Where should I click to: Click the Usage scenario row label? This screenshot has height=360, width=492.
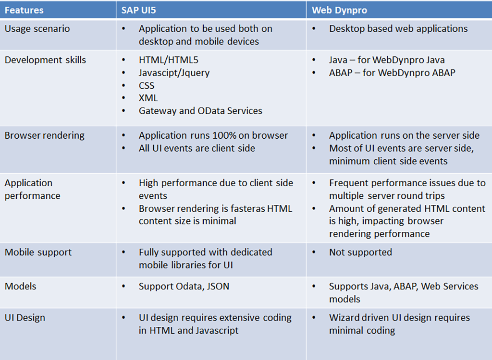click(37, 29)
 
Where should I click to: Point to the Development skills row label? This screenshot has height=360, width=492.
click(45, 60)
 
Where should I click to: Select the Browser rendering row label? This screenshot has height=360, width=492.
click(44, 135)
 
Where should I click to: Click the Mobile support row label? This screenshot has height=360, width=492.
click(38, 252)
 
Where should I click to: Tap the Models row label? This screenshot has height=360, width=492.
click(20, 286)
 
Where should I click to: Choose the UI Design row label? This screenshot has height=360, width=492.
click(25, 318)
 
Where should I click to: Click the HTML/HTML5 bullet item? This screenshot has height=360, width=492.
click(168, 60)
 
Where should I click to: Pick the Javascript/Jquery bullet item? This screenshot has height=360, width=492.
click(174, 73)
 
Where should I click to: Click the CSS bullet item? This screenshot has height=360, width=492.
click(147, 85)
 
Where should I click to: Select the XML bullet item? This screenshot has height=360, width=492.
click(148, 98)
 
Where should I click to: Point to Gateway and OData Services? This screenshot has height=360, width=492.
click(200, 110)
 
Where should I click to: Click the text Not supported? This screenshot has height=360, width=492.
click(360, 252)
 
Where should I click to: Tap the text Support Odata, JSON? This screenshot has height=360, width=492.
click(184, 286)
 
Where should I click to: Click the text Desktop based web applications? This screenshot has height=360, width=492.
click(398, 29)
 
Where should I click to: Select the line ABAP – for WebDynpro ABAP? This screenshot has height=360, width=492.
click(392, 73)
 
